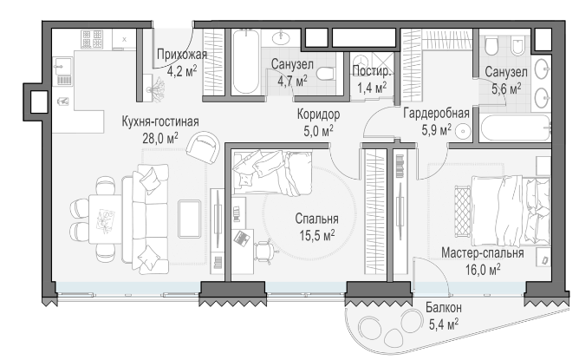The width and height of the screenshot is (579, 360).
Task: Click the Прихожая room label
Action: (182, 55)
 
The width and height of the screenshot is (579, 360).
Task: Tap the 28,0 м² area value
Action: (160, 138)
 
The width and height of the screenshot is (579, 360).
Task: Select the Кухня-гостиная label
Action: (160, 121)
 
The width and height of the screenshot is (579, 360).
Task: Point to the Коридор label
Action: (318, 115)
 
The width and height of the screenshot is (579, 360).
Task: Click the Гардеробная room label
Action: (436, 113)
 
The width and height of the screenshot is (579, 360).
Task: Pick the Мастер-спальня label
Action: (483, 253)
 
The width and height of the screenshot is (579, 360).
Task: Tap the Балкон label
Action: (444, 307)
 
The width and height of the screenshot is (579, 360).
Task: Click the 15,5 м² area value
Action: (317, 235)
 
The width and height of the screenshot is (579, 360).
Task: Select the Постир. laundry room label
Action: (371, 71)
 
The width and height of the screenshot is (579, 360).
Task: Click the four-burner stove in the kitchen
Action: (92, 39)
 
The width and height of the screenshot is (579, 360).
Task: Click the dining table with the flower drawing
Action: (105, 219)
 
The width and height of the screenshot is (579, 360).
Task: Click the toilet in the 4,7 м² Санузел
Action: (326, 75)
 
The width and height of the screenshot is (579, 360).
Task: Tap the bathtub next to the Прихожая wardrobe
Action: (245, 62)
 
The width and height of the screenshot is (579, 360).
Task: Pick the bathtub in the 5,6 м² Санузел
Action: (516, 128)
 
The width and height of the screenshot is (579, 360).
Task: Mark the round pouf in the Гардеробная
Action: (463, 132)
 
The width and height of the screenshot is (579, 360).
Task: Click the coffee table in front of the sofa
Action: (190, 219)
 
